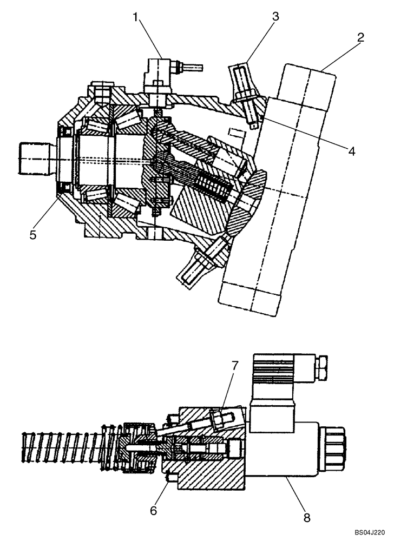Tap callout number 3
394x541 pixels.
click(x=275, y=16)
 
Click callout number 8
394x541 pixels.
click(x=307, y=517)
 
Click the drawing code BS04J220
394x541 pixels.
click(x=370, y=532)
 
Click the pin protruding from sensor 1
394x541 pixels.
click(x=192, y=68)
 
